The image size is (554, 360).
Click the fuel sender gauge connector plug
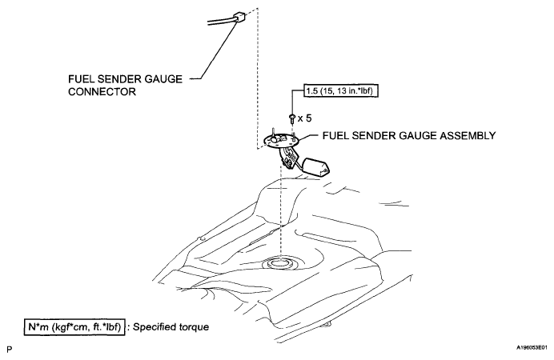[x=239, y=17]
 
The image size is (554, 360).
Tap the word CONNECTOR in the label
[x=102, y=92]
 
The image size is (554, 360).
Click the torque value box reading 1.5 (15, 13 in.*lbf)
[x=341, y=91]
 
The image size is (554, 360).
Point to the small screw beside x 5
[x=292, y=118]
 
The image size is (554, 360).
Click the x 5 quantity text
[x=304, y=118]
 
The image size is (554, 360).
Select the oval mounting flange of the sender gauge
[x=282, y=141]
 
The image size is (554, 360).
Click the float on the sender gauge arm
[x=316, y=166]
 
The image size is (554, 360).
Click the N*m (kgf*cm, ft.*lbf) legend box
[x=74, y=327]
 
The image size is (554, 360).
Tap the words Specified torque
[x=171, y=327]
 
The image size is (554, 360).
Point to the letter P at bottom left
[x=10, y=350]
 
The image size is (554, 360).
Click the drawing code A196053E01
[x=532, y=348]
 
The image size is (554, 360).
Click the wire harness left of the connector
[x=221, y=22]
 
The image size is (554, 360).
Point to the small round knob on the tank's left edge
[x=202, y=238]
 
